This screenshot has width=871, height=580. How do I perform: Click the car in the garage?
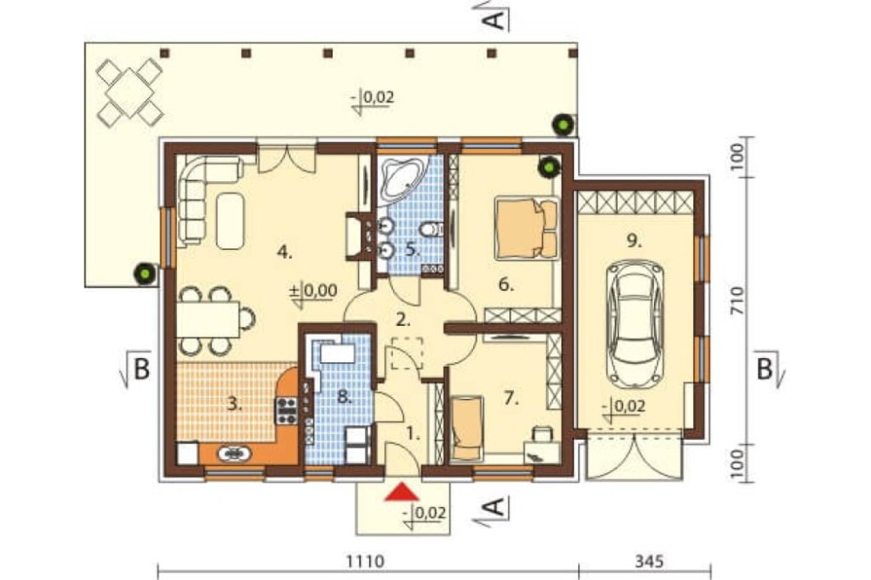636,324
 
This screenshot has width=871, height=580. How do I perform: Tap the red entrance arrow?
402,492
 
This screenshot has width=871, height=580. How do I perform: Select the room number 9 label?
634,241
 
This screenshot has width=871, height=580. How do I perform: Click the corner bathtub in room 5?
402,179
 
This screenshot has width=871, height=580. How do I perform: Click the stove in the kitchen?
287,410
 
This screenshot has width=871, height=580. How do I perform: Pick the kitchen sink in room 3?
233,455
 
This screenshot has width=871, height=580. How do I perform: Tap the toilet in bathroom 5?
431,228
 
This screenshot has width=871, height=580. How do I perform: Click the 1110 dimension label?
365,562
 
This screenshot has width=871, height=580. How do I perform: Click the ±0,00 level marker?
314,291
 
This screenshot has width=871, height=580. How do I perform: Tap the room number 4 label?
285,253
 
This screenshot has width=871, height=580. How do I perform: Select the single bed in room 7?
467,428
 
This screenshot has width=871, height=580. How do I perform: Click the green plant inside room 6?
549,166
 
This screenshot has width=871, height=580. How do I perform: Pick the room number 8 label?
344,396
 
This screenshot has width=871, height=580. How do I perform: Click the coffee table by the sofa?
231,220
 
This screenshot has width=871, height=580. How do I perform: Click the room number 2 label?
402,320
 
